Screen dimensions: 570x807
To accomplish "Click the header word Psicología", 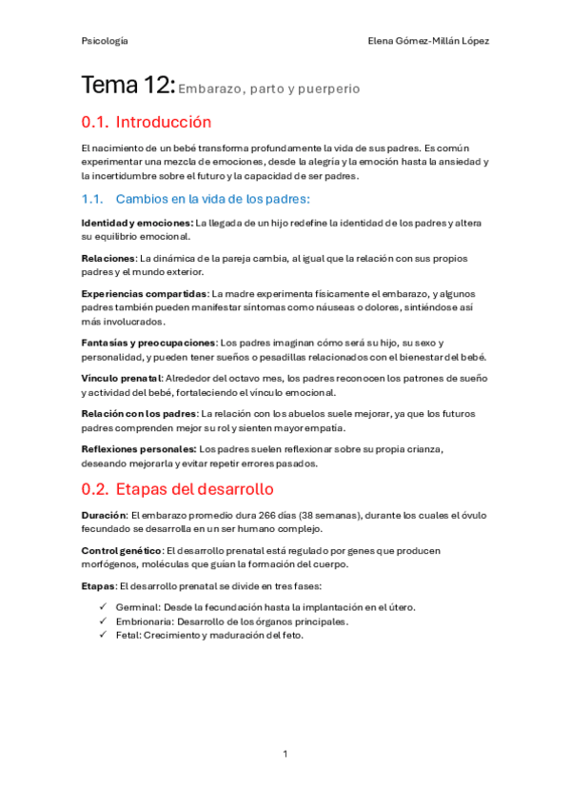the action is pos(105,42).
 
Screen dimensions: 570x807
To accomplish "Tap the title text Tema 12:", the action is pos(128,88).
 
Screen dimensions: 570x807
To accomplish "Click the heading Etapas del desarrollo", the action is pos(194,489).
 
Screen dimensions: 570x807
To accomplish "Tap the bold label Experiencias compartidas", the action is pos(144,293).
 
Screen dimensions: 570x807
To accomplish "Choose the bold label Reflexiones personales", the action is pos(138,448).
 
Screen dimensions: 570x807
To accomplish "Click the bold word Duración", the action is pos(103,515).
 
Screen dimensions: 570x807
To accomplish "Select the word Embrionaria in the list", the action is pos(139,621).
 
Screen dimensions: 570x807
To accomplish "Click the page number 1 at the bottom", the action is pos(285,754).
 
